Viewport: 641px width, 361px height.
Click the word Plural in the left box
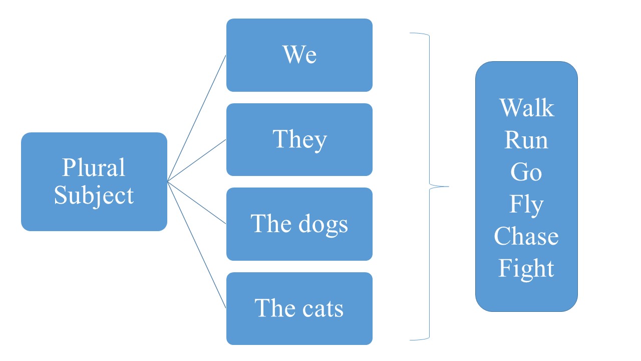94,168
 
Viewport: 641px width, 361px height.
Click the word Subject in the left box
94,196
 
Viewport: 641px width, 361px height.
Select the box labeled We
299,55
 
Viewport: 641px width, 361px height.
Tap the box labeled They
299,139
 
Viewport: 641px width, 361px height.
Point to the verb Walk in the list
526,108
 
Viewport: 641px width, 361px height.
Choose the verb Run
526,140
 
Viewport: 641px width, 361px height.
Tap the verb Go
526,172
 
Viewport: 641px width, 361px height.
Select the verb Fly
526,205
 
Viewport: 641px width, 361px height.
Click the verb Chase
526,236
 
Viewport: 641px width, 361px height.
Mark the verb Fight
526,269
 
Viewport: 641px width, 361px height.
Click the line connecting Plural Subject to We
196,118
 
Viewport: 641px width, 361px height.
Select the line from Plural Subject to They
196,160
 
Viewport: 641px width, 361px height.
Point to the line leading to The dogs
196,203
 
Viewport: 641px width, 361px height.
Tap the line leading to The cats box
196,245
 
